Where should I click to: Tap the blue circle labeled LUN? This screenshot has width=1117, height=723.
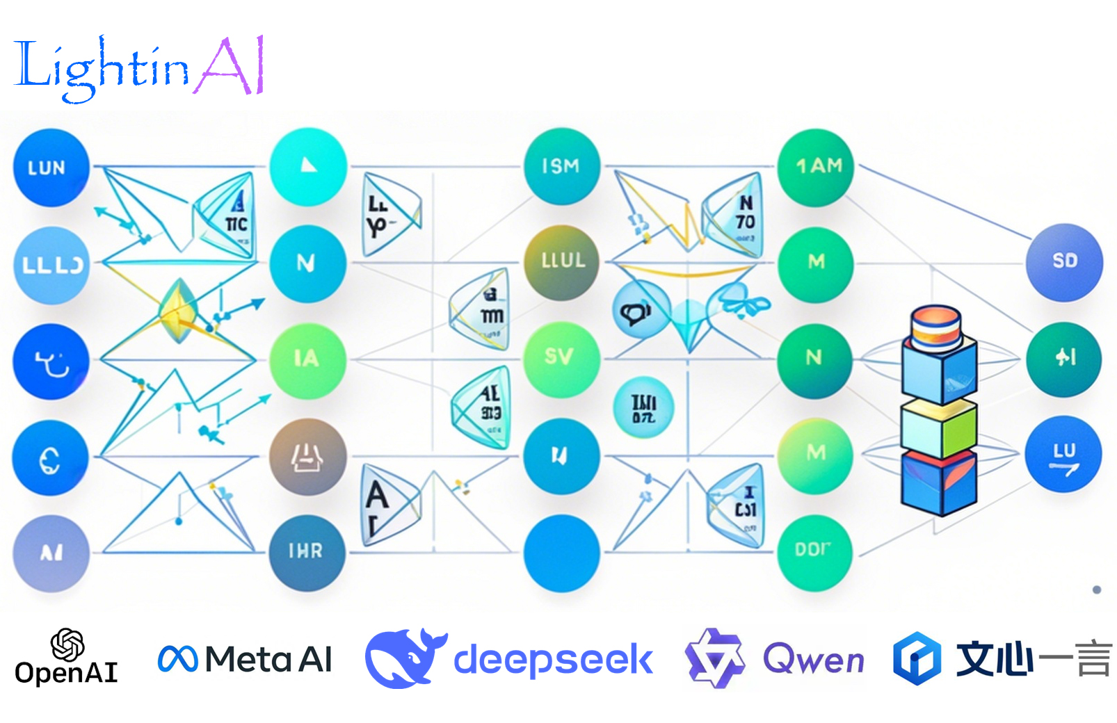(x=51, y=168)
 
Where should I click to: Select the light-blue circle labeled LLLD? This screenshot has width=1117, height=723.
(x=51, y=265)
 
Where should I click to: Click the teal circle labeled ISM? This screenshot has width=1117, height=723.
(x=561, y=166)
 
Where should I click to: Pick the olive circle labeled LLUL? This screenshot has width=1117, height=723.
(x=561, y=262)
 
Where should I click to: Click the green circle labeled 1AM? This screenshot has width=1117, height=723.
(x=816, y=167)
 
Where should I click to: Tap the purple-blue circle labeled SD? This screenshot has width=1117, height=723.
(x=1064, y=262)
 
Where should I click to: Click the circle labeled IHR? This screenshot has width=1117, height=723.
(x=307, y=552)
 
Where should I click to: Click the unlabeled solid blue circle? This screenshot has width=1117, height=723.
(x=561, y=553)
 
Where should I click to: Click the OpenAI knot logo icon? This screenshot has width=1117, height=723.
(x=67, y=644)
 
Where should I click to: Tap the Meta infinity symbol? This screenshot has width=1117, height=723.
(x=177, y=659)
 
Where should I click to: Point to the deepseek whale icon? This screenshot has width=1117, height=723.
(x=405, y=658)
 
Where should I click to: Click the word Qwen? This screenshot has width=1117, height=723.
(x=813, y=659)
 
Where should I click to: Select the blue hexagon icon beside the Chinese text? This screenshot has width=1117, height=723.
(x=916, y=658)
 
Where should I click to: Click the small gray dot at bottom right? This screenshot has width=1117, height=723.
(x=1097, y=590)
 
